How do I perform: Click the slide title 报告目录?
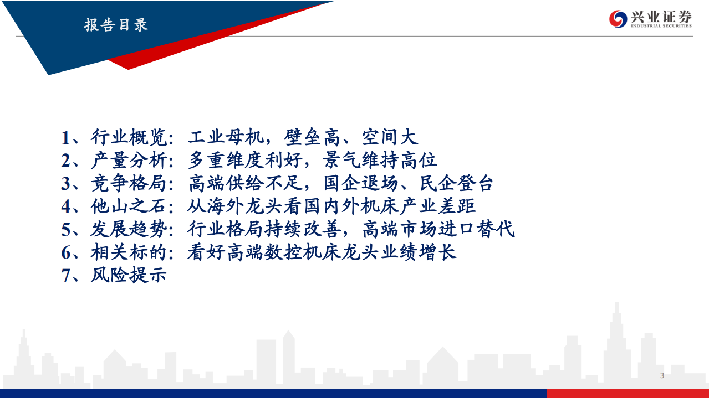tap(116, 25)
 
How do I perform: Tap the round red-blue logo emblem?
tap(618, 19)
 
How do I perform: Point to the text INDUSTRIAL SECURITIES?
tap(661, 26)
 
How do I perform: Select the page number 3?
tap(662, 376)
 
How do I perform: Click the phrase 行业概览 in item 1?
tap(129, 137)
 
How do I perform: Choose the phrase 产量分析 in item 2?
tap(129, 161)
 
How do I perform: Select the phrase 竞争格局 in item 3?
tap(129, 183)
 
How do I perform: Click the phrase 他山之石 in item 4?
tap(129, 206)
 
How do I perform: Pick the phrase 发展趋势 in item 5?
tap(129, 229)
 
